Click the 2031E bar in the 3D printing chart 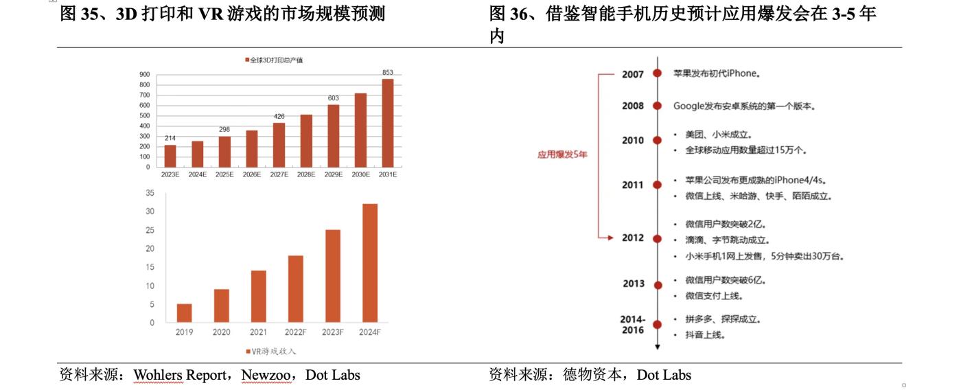pyautogui.click(x=388, y=123)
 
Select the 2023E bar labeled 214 pyautogui.click(x=170, y=156)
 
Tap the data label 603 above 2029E pyautogui.click(x=334, y=98)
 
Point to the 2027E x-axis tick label pyautogui.click(x=279, y=175)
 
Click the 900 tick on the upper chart pyautogui.click(x=145, y=74)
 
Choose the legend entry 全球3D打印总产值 pyautogui.click(x=274, y=60)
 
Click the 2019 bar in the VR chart pyautogui.click(x=184, y=313)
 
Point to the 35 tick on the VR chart pyautogui.click(x=150, y=193)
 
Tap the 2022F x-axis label pyautogui.click(x=295, y=332)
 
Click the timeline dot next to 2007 pyautogui.click(x=658, y=73)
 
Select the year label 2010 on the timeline pyautogui.click(x=633, y=141)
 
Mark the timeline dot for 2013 pyautogui.click(x=658, y=284)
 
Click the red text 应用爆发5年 pyautogui.click(x=562, y=155)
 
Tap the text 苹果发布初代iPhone pyautogui.click(x=717, y=73)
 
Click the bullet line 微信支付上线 pyautogui.click(x=714, y=296)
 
